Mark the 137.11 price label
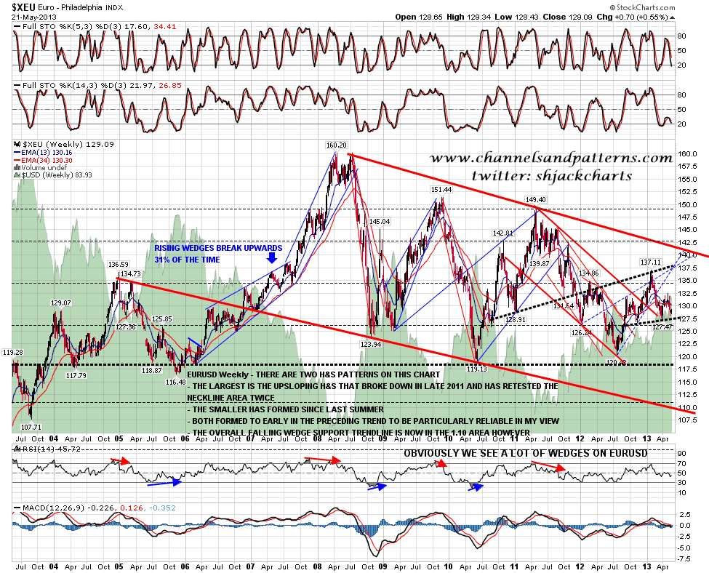650,262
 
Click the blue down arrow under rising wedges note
272,257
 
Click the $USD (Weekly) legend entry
41,176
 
